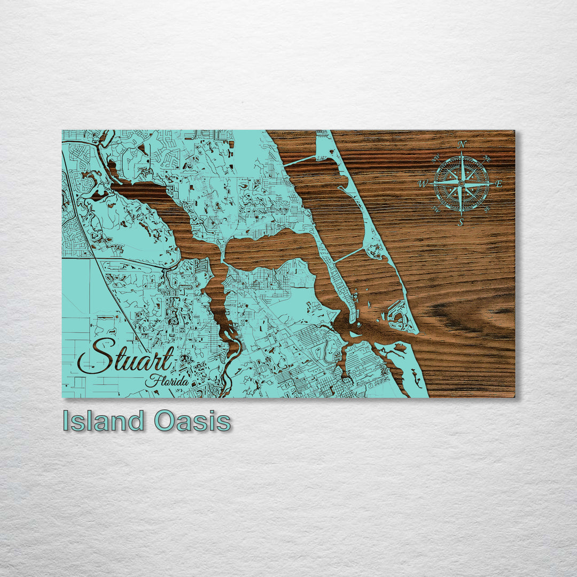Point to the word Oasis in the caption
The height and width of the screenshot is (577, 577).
pos(192,421)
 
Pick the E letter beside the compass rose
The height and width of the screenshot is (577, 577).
pos(499,184)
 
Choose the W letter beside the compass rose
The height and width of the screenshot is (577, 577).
pos(423,184)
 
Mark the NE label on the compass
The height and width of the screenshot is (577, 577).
pos(487,158)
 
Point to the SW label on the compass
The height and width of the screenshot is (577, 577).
pos(435,209)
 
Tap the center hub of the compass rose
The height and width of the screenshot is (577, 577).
pos(461,183)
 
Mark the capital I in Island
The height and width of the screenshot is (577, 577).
pos(66,421)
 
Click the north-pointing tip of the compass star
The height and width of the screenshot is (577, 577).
pos(462,152)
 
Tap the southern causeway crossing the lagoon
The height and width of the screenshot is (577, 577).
pos(348,255)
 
